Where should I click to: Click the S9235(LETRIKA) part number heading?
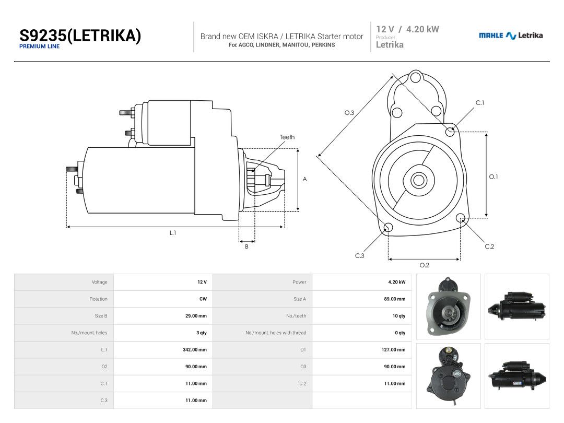pyautogui.click(x=80, y=36)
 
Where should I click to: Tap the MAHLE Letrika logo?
pyautogui.click(x=511, y=36)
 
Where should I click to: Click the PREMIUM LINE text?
pyautogui.click(x=39, y=46)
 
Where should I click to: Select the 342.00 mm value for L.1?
pyautogui.click(x=195, y=349)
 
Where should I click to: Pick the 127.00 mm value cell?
pyautogui.click(x=394, y=349)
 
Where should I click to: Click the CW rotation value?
pyautogui.click(x=203, y=299)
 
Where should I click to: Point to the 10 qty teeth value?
pyautogui.click(x=399, y=316)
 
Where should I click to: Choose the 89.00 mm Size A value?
pyautogui.click(x=395, y=299)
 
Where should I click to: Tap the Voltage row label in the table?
pyautogui.click(x=99, y=282)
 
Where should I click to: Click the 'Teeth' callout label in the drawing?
pyautogui.click(x=287, y=137)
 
